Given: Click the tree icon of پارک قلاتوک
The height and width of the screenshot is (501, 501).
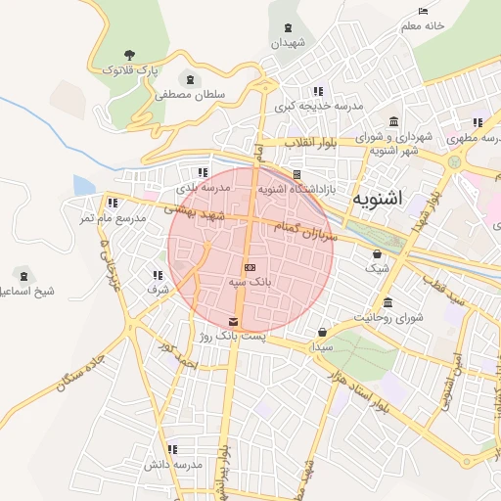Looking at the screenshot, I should [129, 55].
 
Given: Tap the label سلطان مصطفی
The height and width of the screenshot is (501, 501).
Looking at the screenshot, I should [189, 95].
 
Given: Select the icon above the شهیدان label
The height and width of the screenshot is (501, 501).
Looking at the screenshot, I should [288, 28].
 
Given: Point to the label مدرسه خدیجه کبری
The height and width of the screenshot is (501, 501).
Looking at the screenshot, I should [318, 105].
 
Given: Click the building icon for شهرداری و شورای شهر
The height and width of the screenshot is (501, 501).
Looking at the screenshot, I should [393, 122].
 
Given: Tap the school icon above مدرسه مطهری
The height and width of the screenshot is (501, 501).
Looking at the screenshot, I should [478, 123].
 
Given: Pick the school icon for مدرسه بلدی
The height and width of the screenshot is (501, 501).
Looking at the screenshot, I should [204, 172].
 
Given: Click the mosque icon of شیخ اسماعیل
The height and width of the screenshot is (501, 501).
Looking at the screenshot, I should [23, 276].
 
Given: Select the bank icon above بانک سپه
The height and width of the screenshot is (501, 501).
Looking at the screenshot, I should [250, 267].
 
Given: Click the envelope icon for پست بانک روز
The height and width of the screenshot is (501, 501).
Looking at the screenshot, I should [232, 322].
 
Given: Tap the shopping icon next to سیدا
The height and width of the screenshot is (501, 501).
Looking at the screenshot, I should [323, 332].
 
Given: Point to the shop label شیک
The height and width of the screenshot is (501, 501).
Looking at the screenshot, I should [376, 267].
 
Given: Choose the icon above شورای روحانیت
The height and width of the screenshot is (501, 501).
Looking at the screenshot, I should [388, 302].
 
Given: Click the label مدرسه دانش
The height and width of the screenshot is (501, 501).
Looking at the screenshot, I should [172, 464].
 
